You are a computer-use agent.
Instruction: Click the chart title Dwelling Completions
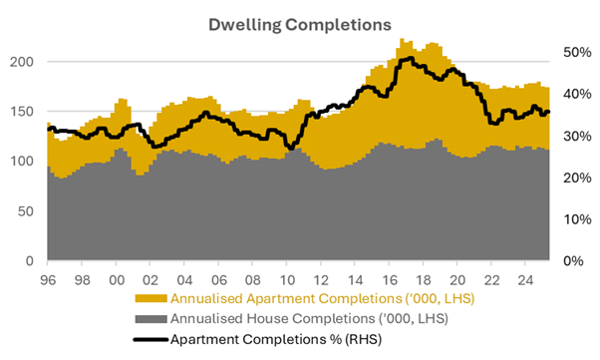[x=300, y=25]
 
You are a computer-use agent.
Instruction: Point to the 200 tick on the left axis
[x=22, y=62]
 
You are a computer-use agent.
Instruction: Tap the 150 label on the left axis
[x=22, y=112]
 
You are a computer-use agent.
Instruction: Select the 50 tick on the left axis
[x=26, y=211]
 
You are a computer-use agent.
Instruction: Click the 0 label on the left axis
[x=30, y=261]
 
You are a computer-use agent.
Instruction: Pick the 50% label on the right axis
[x=577, y=52]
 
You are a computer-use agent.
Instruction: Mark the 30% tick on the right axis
[x=577, y=136]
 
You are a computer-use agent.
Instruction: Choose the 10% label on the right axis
[x=577, y=219]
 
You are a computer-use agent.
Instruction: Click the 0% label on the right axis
[x=573, y=261]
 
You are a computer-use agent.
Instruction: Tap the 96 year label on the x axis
[x=48, y=280]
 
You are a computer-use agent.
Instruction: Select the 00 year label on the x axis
[x=117, y=280]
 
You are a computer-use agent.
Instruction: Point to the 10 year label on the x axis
[x=287, y=280]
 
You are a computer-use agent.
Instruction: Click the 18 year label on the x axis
[x=424, y=280]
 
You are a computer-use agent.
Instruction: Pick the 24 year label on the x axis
[x=525, y=280]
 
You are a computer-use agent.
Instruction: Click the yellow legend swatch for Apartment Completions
[x=150, y=298]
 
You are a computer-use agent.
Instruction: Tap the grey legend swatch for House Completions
[x=150, y=319]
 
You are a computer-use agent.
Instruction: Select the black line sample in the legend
[x=150, y=339]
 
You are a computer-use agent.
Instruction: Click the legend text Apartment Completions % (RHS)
[x=276, y=339]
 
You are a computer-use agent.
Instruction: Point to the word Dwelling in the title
[x=244, y=25]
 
